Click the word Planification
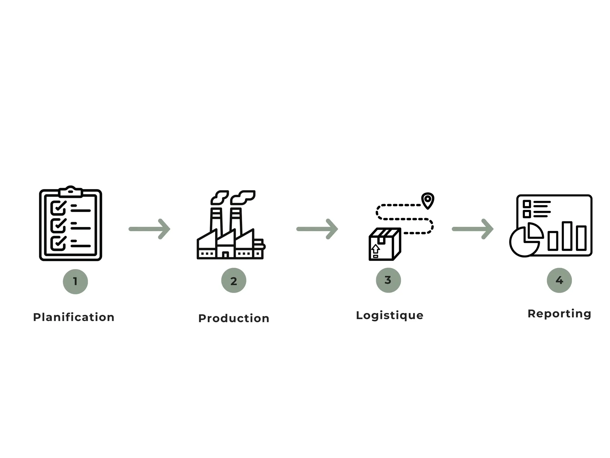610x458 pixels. coord(74,317)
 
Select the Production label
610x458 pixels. coord(234,318)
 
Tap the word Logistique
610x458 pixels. coord(390,316)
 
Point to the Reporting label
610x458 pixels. coord(559,314)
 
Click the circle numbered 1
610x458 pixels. coord(75,281)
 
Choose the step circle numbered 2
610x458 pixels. coord(234,281)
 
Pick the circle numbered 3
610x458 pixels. coord(388,280)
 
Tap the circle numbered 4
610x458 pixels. coord(559,280)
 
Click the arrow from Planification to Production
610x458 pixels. coord(149,229)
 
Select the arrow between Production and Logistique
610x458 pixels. coord(317,229)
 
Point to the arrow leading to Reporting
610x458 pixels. coord(473,229)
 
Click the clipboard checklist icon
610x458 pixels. coord(71,224)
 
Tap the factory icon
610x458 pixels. coord(231,226)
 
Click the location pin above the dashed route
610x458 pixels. coord(428,200)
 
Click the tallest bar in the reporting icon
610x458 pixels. coord(567,236)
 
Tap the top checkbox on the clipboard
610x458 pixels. coord(58,208)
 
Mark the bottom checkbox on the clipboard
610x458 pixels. coord(58,243)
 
